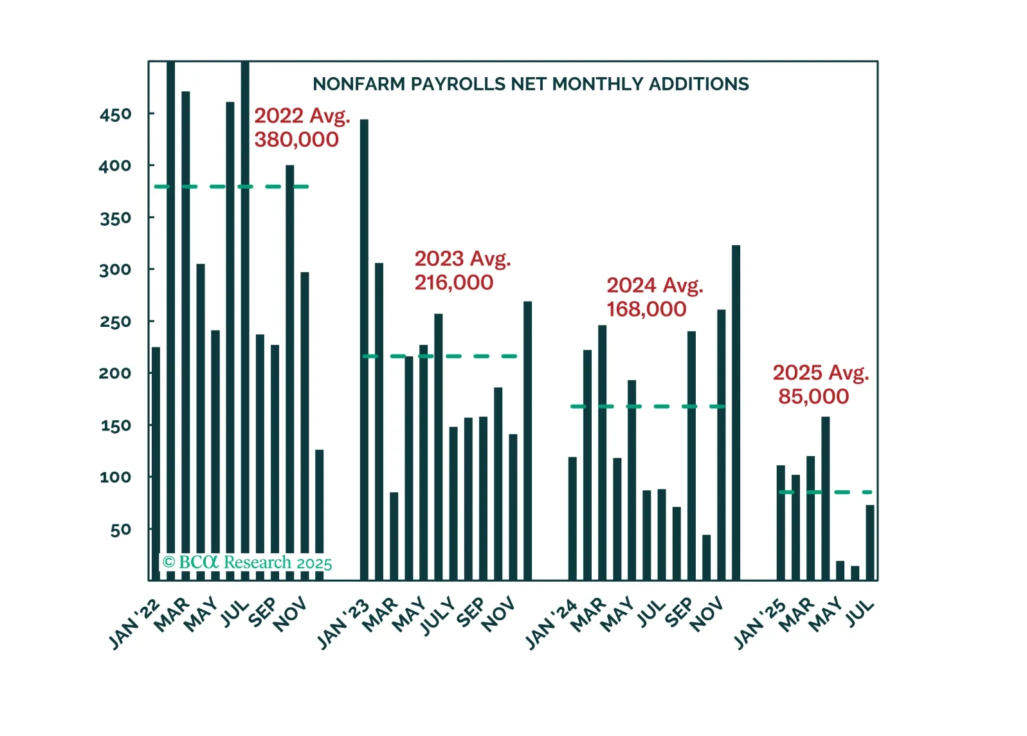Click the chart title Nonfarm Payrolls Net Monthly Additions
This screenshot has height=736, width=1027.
click(x=531, y=84)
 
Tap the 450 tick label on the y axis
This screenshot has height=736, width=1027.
click(x=116, y=115)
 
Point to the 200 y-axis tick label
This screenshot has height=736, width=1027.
click(x=115, y=373)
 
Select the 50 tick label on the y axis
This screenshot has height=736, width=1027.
click(x=120, y=529)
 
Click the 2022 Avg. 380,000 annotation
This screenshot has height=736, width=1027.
click(x=302, y=127)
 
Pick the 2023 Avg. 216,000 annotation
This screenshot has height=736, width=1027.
click(x=462, y=270)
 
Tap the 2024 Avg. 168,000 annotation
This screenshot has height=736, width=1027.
click(x=654, y=297)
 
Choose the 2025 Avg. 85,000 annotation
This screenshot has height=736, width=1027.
click(x=820, y=384)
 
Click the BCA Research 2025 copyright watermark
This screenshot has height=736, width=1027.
click(x=247, y=562)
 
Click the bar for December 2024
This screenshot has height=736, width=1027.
click(x=736, y=412)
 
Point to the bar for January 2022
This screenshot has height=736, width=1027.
click(x=156, y=463)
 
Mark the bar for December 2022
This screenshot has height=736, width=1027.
click(x=320, y=515)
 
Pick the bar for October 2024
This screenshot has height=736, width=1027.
click(x=706, y=557)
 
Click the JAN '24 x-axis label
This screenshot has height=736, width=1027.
click(x=550, y=624)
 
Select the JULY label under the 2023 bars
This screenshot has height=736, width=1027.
click(x=437, y=616)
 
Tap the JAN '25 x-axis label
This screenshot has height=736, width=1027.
click(x=759, y=624)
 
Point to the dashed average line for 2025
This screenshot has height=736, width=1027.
click(x=825, y=492)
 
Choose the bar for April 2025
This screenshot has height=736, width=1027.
click(x=825, y=499)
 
